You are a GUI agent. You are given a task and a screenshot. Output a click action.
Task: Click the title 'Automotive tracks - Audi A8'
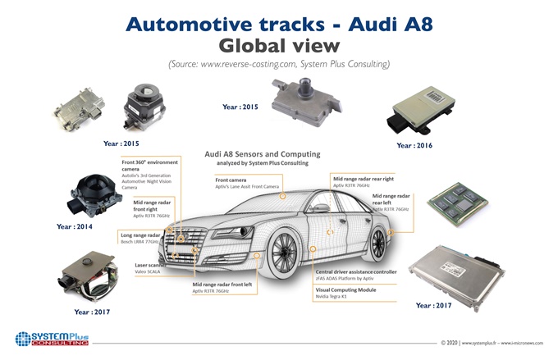(x=278, y=22)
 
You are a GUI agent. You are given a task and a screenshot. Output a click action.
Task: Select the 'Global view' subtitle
(x=278, y=43)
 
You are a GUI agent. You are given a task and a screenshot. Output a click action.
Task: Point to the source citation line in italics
(x=278, y=64)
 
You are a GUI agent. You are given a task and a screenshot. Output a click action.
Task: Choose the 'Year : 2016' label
(x=415, y=145)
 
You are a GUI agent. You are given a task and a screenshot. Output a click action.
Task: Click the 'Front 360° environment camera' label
(x=153, y=163)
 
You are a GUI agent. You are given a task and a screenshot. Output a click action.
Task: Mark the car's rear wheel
(x=374, y=248)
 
